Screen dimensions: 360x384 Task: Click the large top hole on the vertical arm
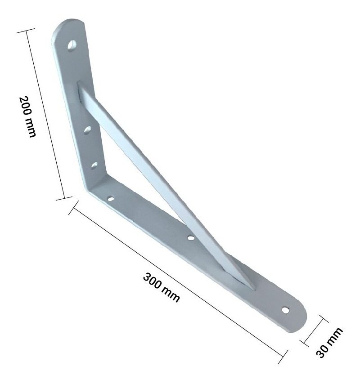tap(72, 46)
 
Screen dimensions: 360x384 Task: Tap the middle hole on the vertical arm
tap(87, 130)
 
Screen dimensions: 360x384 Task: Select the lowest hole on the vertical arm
tap(94, 165)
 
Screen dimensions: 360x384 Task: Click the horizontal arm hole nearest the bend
tap(111, 199)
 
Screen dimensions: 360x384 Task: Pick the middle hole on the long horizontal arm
tap(191, 237)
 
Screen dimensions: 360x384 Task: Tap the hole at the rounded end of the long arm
tap(285, 310)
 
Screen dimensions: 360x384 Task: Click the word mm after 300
tap(171, 295)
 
